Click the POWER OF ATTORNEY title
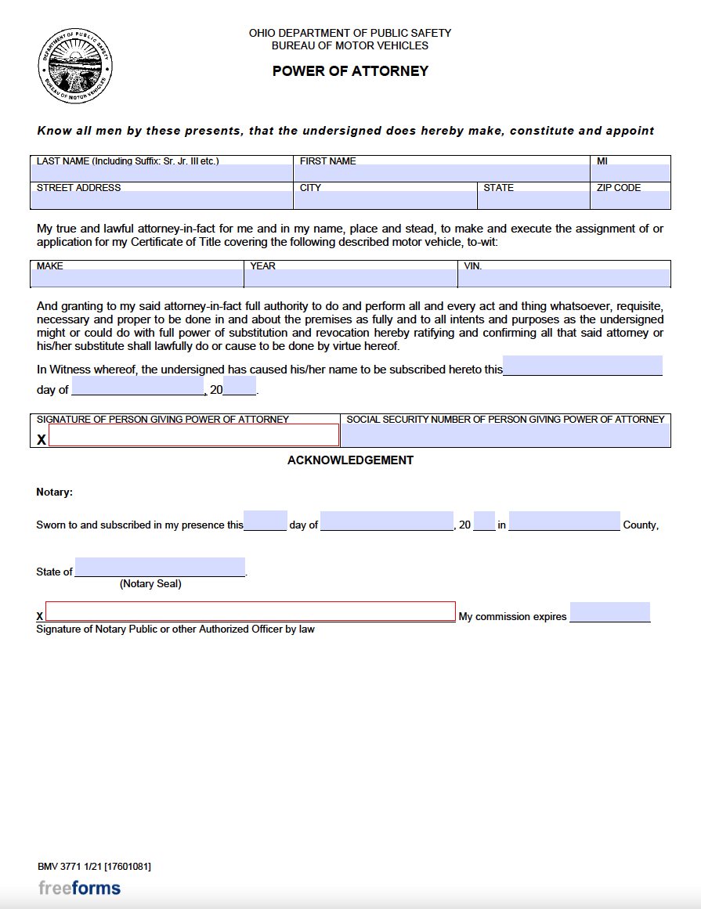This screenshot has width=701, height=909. pos(350,71)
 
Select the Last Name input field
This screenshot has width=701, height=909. pos(161,174)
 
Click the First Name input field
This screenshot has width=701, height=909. pos(443,174)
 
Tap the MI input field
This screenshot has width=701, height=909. pos(631,174)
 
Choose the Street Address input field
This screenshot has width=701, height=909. pos(161,200)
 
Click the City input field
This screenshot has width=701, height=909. pos(385,200)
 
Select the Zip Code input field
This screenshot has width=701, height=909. pos(631,200)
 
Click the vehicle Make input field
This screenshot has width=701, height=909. pos(137,279)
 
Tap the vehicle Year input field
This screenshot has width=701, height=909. pos(350,279)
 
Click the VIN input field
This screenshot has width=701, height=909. pos(564,279)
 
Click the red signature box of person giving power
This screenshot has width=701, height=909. pos(193,435)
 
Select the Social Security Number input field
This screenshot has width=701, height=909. pos(505,436)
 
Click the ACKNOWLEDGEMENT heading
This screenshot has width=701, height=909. pos(350,460)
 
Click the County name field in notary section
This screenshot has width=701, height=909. pos(564,521)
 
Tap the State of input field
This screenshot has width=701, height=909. pos(160,568)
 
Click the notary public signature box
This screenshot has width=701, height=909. pos(250,611)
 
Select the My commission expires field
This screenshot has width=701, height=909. pos(609,611)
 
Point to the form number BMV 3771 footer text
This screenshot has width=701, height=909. pos(94,867)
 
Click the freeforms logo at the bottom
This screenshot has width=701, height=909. pos(79,888)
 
